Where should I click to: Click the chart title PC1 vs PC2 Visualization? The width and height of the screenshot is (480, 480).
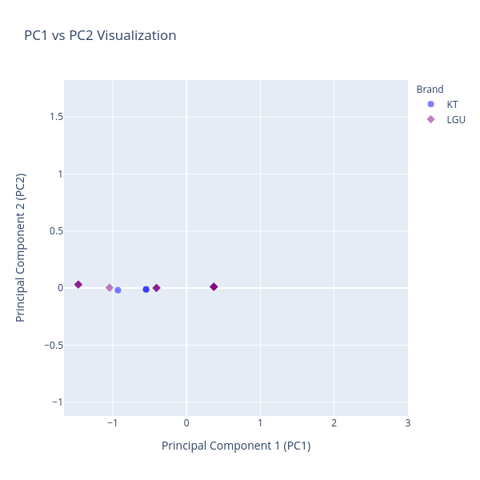click(100, 36)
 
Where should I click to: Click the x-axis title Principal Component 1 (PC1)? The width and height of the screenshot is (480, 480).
click(236, 446)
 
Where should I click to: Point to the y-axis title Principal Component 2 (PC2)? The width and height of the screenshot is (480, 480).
click(22, 248)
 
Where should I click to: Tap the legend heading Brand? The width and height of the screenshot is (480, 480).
click(430, 90)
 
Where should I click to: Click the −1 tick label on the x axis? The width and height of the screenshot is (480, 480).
click(112, 422)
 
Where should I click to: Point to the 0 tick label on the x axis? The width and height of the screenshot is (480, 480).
click(186, 422)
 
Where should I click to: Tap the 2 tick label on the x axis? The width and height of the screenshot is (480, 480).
click(334, 422)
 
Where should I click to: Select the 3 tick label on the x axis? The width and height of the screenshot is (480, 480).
click(407, 422)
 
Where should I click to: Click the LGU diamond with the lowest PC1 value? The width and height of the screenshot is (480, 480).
click(78, 285)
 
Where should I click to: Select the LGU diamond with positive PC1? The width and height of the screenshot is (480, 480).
click(214, 286)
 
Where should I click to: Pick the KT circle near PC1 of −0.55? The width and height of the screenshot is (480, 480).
click(146, 290)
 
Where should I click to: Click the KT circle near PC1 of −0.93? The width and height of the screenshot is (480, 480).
click(118, 290)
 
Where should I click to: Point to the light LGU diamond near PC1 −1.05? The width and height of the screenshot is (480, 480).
click(110, 288)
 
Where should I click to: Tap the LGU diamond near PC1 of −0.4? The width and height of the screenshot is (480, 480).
click(156, 288)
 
